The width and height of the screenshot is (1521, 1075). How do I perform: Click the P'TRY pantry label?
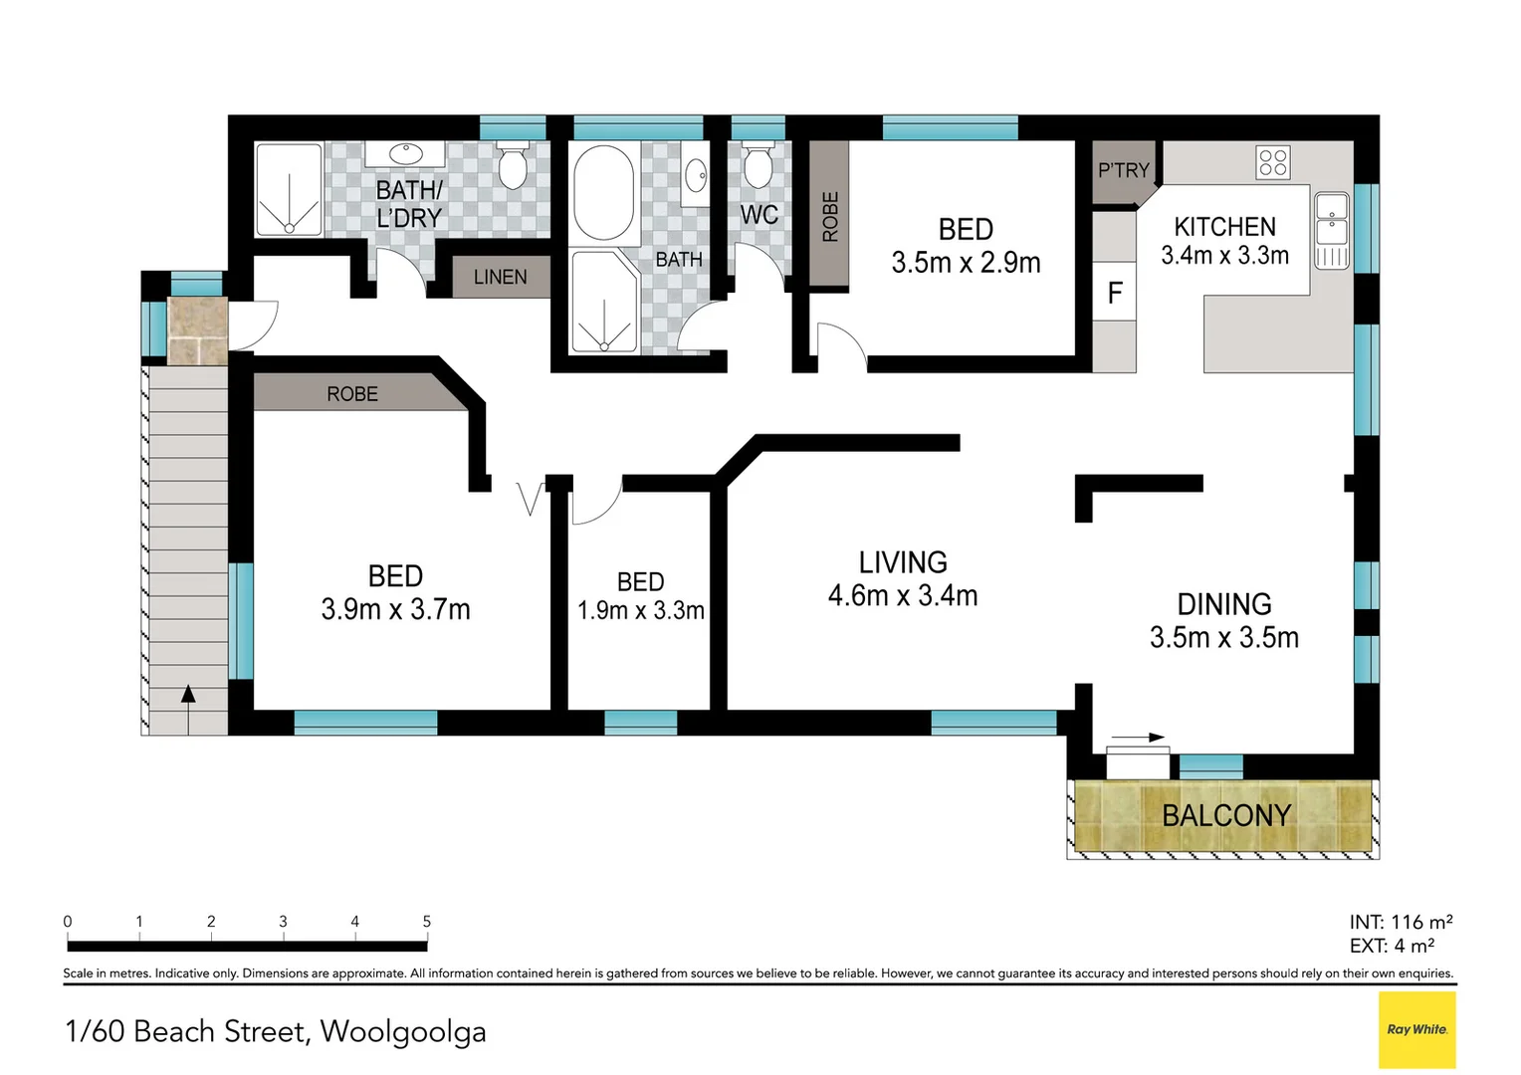1124,171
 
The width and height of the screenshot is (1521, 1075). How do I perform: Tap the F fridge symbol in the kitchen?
1115,293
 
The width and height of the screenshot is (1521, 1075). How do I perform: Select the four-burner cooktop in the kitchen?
1273,162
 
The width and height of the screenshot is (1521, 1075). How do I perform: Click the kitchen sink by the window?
1332,219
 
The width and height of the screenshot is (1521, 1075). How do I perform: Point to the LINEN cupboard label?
501,278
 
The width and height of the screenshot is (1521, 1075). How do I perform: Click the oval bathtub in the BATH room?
603,193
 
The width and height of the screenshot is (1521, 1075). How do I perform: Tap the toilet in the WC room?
759,166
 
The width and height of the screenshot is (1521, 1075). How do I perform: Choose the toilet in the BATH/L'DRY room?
513,167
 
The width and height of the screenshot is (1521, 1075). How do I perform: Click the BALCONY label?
1226,816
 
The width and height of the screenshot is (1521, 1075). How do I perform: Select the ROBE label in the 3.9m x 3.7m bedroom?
352,394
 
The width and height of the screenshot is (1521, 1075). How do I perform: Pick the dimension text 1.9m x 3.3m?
641,610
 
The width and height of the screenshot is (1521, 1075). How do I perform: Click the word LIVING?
903,562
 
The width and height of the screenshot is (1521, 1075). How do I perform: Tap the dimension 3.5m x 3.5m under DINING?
1224,637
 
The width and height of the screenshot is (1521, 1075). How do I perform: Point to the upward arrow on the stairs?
188,695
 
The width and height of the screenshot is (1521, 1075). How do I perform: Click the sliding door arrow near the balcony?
1138,738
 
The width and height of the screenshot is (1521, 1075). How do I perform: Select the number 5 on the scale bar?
427,922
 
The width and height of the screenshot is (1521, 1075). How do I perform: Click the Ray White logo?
1417,1029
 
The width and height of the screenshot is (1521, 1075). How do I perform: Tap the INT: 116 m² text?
1401,922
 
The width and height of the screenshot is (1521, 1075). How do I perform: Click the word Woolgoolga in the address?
403,1031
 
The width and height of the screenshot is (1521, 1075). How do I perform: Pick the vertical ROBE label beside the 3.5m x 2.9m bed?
830,217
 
